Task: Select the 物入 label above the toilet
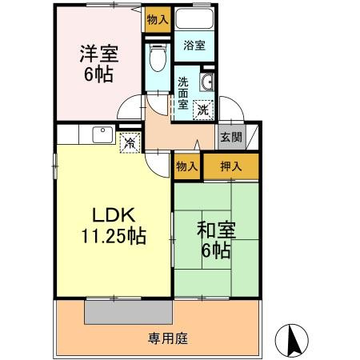(x=158, y=19)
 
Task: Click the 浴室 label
(x=194, y=46)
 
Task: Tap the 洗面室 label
(x=183, y=93)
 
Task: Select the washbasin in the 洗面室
(x=206, y=81)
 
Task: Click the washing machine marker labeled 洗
(x=204, y=108)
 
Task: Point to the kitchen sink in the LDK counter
(x=102, y=134)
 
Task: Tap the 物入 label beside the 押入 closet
(x=186, y=167)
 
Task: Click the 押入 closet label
(x=230, y=167)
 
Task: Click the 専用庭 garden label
(x=167, y=338)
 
